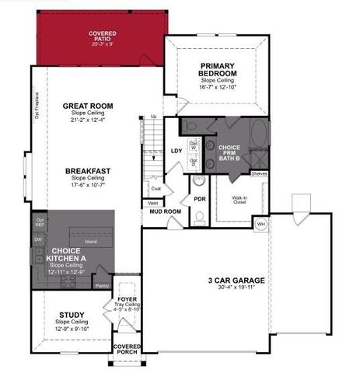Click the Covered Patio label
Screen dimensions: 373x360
[x=103, y=34]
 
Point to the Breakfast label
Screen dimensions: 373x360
[x=87, y=170]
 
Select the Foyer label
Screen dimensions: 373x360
[x=127, y=299]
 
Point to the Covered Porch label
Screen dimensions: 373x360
[x=127, y=349]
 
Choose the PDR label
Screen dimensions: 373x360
[x=199, y=198]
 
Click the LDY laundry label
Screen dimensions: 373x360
[x=175, y=151]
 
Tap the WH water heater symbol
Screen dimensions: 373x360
[x=261, y=224]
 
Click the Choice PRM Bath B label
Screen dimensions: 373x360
[x=229, y=151]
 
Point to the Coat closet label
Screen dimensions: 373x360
[x=156, y=188]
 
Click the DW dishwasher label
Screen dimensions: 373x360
[x=39, y=240]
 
